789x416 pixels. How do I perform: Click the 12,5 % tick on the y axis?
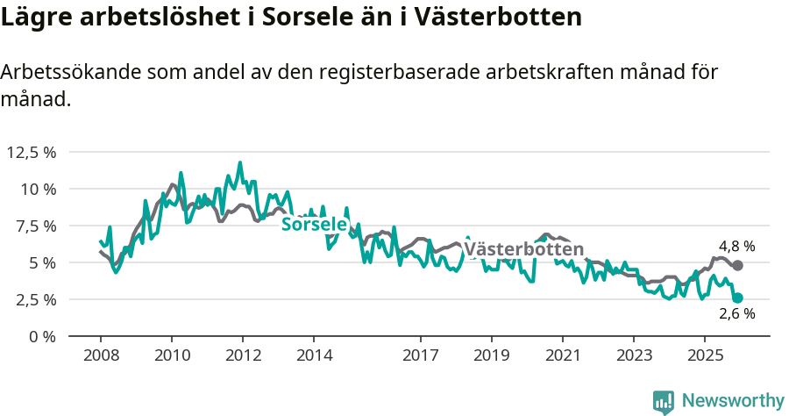pyautogui.click(x=31, y=152)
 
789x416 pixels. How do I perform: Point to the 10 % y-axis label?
pyautogui.click(x=38, y=189)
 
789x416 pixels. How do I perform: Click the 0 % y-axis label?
pyautogui.click(x=43, y=336)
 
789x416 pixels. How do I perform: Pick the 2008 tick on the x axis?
pyautogui.click(x=101, y=355)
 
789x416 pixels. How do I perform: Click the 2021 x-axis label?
pyautogui.click(x=562, y=355)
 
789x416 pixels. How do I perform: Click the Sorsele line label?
pyautogui.click(x=314, y=225)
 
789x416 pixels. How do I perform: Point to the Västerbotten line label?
pyautogui.click(x=523, y=250)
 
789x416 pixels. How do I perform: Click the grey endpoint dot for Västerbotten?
pyautogui.click(x=737, y=265)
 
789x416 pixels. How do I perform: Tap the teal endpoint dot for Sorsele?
pyautogui.click(x=737, y=298)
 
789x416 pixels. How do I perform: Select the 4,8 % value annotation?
pyautogui.click(x=736, y=247)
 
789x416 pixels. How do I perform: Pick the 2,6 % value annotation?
pyautogui.click(x=736, y=314)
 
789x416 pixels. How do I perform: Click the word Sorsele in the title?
pyautogui.click(x=329, y=18)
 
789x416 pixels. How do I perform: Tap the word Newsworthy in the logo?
pyautogui.click(x=733, y=401)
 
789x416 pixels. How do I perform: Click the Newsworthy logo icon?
pyautogui.click(x=664, y=402)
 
